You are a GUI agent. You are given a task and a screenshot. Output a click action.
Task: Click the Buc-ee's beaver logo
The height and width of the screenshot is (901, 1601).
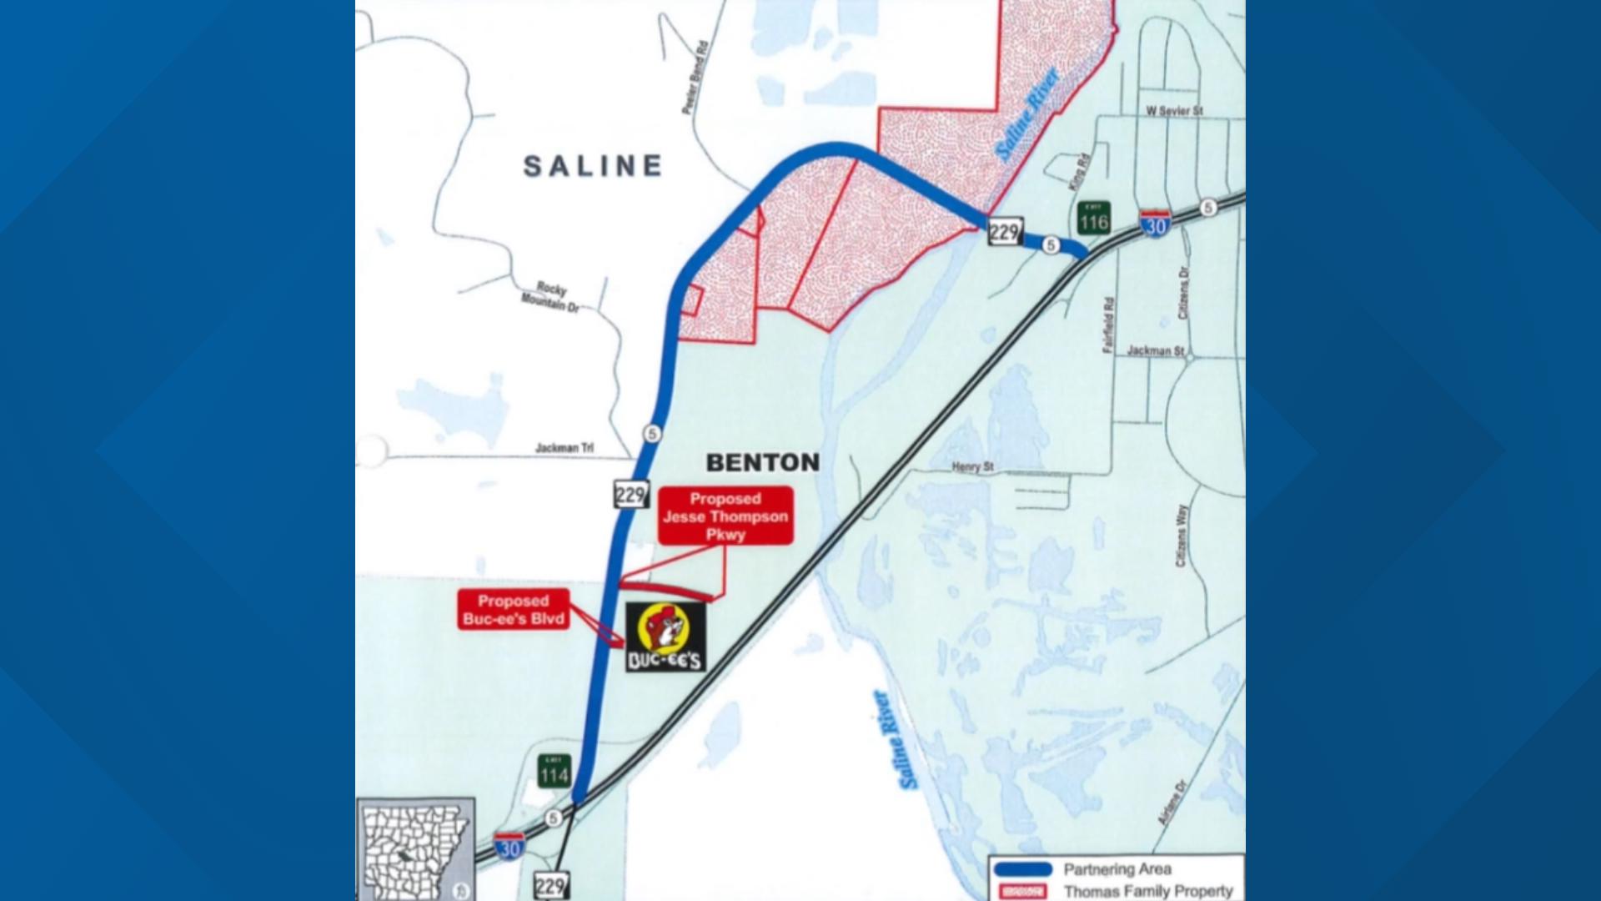(665, 637)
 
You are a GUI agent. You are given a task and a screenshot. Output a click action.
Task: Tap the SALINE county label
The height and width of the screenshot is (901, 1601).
(593, 166)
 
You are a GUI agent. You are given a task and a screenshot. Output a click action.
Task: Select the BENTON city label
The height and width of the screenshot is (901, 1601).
(762, 462)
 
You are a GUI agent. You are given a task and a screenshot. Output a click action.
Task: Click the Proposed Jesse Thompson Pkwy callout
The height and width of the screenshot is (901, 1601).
(725, 516)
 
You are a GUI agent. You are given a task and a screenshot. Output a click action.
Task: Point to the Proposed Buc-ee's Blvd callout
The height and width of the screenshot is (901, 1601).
(514, 610)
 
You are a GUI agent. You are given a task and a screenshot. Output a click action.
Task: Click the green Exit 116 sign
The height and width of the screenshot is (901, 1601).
(1093, 219)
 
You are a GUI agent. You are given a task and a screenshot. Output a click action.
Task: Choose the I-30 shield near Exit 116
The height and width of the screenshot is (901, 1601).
(1156, 224)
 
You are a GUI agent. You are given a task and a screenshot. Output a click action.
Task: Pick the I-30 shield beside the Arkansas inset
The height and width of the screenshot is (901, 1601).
(509, 846)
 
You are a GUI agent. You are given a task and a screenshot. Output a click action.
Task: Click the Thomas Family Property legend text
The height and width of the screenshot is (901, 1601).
(1147, 891)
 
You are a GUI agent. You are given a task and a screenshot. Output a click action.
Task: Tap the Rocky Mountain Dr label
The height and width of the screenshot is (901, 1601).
(550, 297)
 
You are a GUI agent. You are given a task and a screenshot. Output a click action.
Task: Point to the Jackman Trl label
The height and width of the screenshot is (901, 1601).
(565, 448)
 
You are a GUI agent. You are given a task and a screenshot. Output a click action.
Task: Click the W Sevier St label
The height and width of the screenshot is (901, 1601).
(1174, 110)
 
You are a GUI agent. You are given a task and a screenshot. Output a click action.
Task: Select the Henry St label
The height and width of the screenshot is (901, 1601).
(972, 466)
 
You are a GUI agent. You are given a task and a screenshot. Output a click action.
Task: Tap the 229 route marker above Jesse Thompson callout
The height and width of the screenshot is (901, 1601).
(630, 495)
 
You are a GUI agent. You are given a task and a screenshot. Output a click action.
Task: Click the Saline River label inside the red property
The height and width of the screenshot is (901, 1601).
(1027, 114)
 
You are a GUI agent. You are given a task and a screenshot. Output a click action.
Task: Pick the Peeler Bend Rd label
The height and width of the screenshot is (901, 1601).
(694, 78)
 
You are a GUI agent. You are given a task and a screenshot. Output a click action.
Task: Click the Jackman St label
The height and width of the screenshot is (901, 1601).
(1155, 351)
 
